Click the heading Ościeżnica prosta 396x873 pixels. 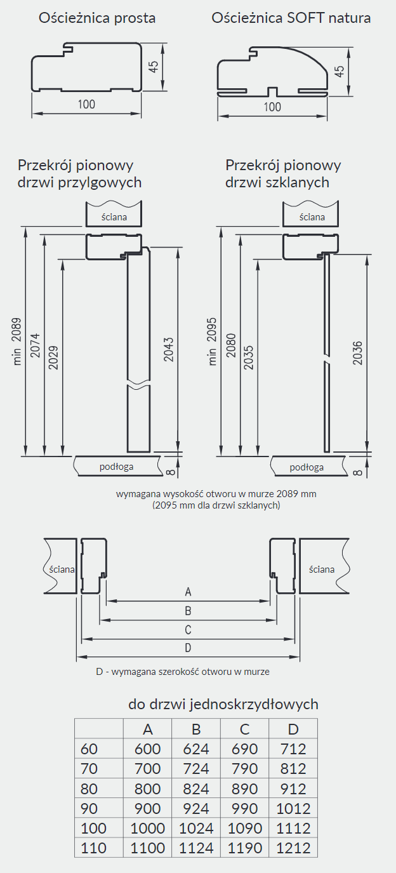click(97, 18)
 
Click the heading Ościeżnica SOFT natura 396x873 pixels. click(291, 18)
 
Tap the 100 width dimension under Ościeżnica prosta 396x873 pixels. click(86, 105)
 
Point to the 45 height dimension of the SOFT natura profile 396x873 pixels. click(340, 71)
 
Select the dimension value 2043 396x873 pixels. click(169, 350)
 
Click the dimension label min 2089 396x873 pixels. click(17, 342)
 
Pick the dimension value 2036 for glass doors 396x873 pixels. click(357, 353)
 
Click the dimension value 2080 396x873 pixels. click(231, 345)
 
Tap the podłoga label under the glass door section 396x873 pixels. click(307, 467)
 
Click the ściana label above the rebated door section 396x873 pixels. click(114, 217)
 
